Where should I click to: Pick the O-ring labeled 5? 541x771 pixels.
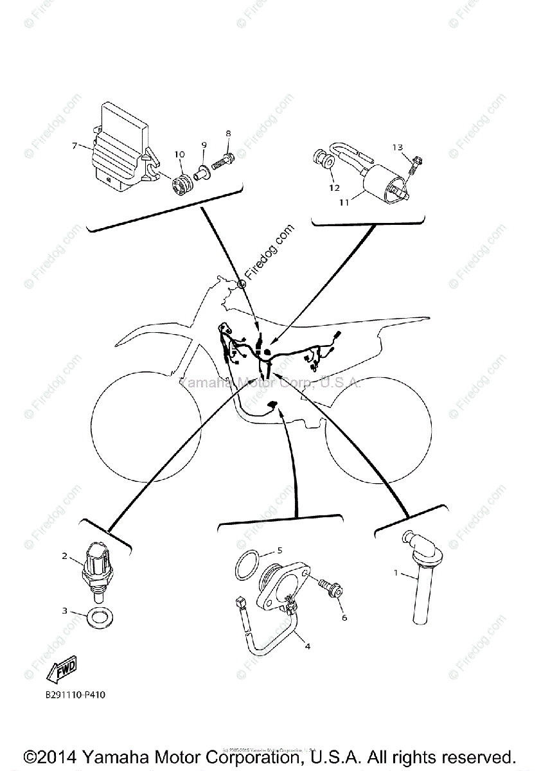247,566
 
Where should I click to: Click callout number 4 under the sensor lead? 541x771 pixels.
308,646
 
